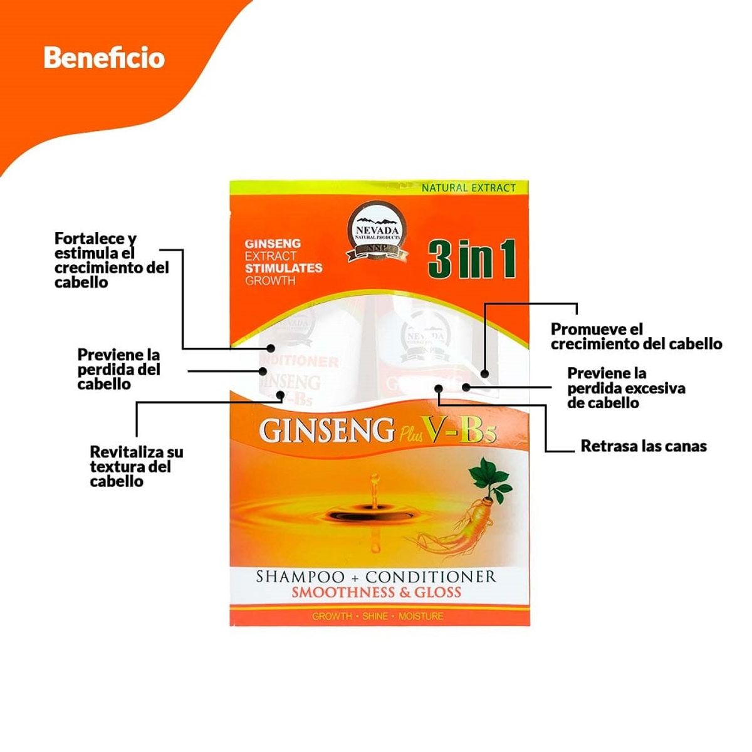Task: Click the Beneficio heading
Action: [x=104, y=58]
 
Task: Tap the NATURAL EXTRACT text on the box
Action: [x=468, y=187]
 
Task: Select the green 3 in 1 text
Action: [x=472, y=259]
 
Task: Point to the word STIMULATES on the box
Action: [x=283, y=268]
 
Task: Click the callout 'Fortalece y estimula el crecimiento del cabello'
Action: [x=112, y=260]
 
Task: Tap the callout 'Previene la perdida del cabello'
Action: [x=118, y=370]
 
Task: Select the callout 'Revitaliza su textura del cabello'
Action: [x=137, y=466]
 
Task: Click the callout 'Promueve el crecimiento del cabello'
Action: [x=636, y=337]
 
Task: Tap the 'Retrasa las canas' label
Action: [x=644, y=446]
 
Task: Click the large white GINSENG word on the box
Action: [x=326, y=431]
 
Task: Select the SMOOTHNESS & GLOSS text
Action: [x=376, y=593]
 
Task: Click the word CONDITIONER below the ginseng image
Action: [x=431, y=577]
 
